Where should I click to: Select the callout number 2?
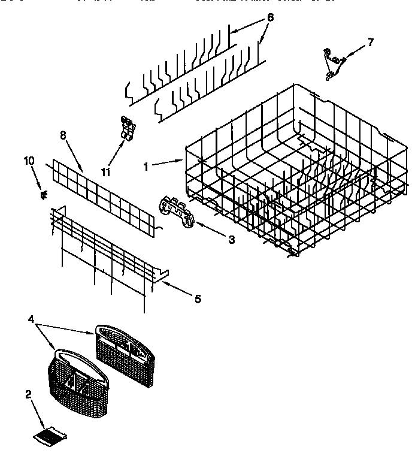click(28, 394)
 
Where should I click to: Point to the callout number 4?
click(31, 320)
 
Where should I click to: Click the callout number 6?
click(270, 18)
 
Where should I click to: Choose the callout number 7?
click(371, 42)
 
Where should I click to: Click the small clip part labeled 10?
click(42, 193)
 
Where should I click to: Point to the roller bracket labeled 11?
click(126, 129)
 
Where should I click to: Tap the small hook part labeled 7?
click(331, 63)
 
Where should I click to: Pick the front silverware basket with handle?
click(72, 378)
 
